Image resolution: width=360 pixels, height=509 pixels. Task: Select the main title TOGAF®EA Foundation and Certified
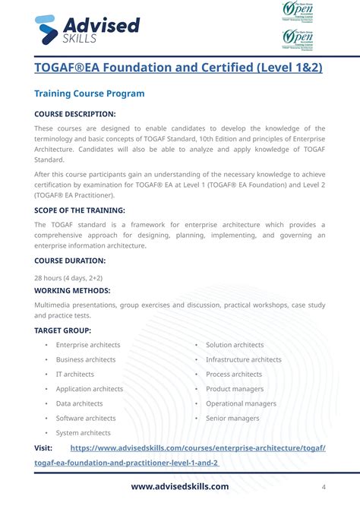click(178, 68)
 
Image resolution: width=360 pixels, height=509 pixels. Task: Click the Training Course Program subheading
click(90, 93)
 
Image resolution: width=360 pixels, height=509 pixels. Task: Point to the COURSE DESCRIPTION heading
click(75, 114)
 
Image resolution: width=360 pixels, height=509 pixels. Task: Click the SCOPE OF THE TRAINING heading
click(80, 210)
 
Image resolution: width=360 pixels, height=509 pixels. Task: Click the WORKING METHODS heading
click(72, 290)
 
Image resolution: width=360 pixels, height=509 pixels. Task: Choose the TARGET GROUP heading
click(63, 330)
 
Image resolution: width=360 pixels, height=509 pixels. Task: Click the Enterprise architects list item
click(88, 345)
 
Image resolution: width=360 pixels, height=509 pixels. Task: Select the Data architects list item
click(79, 403)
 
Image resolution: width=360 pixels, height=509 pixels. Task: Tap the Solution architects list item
click(235, 345)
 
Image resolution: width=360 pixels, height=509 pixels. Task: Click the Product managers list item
click(235, 389)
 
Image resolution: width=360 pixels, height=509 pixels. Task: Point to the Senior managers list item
click(232, 418)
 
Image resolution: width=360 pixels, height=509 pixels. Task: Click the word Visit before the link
click(43, 447)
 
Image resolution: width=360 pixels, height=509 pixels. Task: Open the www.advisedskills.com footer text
click(180, 486)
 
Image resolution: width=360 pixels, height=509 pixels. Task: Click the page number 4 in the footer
click(324, 487)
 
